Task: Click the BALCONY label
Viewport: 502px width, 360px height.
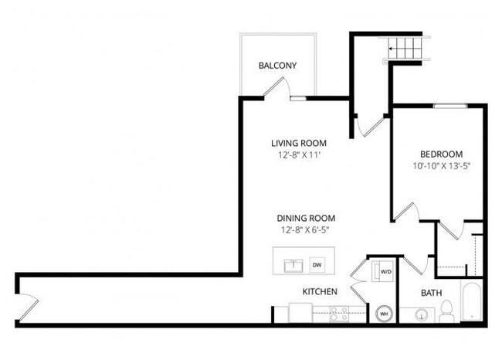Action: (277, 66)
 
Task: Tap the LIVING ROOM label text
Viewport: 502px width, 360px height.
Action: (298, 143)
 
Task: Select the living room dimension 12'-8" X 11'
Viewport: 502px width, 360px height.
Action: (298, 155)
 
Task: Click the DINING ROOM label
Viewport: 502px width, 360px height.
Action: (307, 218)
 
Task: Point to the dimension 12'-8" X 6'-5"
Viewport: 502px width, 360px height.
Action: (307, 229)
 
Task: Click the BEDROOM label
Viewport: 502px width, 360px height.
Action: (441, 153)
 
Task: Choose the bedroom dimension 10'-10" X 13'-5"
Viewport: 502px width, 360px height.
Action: (441, 165)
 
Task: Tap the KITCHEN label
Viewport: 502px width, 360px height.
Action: (319, 292)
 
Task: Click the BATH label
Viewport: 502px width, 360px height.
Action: (431, 294)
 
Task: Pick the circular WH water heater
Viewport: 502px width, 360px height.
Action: (384, 314)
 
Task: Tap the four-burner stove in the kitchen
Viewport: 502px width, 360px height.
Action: (339, 313)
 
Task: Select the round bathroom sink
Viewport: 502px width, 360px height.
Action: (421, 314)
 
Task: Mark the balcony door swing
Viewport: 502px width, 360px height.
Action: (273, 89)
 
